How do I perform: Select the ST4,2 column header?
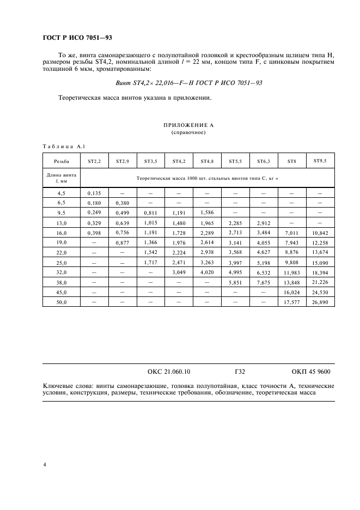[x=179, y=161]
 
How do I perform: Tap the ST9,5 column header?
[x=320, y=161]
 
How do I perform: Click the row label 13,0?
[x=61, y=222]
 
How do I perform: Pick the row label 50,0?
[x=61, y=301]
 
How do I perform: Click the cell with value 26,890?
[x=320, y=301]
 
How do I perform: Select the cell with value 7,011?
[x=292, y=232]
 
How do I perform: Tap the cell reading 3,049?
[x=179, y=272]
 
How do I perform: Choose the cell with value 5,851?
[x=235, y=282]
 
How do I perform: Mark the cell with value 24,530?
[x=320, y=292]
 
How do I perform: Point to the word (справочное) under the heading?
[x=188, y=132]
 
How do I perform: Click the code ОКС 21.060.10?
[x=169, y=372]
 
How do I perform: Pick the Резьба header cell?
[x=61, y=161]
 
